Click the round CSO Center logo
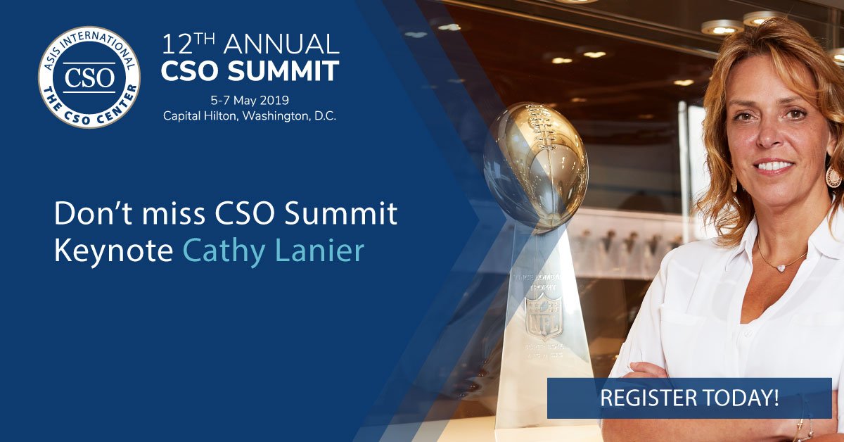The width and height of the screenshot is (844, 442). [x=89, y=77]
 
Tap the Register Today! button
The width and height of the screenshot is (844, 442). [x=689, y=398]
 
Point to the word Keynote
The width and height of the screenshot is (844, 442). [x=113, y=251]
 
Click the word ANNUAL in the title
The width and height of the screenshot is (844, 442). [x=277, y=44]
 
